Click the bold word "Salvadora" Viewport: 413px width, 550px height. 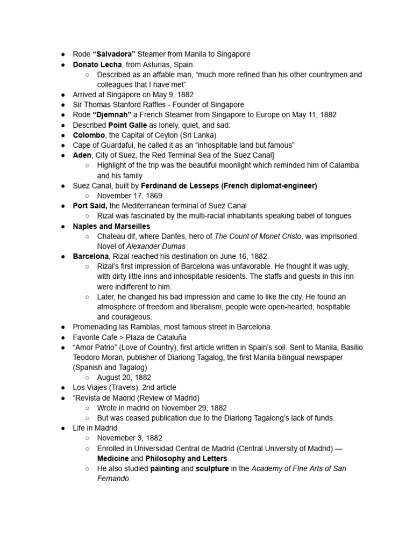[114, 54]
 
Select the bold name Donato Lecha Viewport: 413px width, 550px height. [97, 64]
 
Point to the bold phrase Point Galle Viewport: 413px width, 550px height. [127, 125]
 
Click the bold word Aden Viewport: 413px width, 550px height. [83, 155]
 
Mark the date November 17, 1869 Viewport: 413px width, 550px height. [130, 196]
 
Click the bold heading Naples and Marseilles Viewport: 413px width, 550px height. [111, 226]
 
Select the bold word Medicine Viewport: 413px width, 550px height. [113, 459]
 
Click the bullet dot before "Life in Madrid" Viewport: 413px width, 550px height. [63, 428]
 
